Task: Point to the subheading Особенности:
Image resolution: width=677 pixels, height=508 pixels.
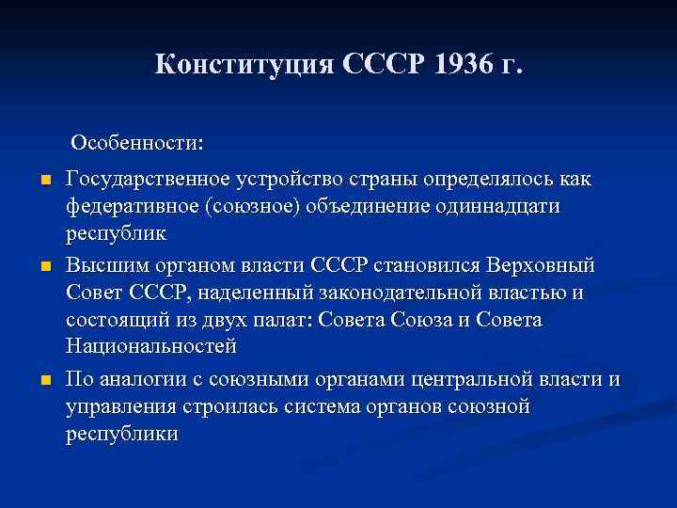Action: click(135, 144)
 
